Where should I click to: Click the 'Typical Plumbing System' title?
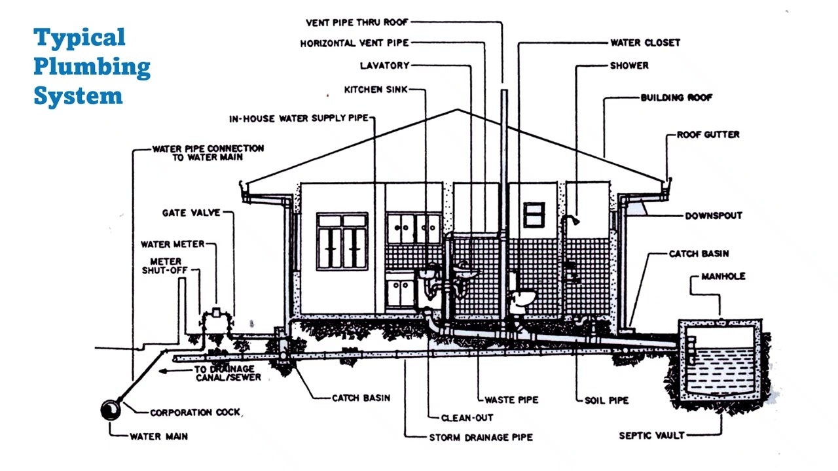pos(92,66)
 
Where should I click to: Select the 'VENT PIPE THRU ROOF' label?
pos(357,22)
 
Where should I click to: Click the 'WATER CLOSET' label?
pos(645,43)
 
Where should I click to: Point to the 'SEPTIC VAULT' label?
pos(651,435)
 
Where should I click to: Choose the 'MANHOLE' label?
pos(723,276)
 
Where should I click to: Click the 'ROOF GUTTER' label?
pos(708,135)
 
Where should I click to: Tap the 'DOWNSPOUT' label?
pos(714,216)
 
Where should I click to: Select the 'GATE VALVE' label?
pos(191,213)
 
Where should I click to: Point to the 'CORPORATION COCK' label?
pos(195,413)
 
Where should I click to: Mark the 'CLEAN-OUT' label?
pos(467,417)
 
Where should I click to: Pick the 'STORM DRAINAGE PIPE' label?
pos(481,437)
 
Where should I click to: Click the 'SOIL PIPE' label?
pos(606,399)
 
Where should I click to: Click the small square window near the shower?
pos(534,215)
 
